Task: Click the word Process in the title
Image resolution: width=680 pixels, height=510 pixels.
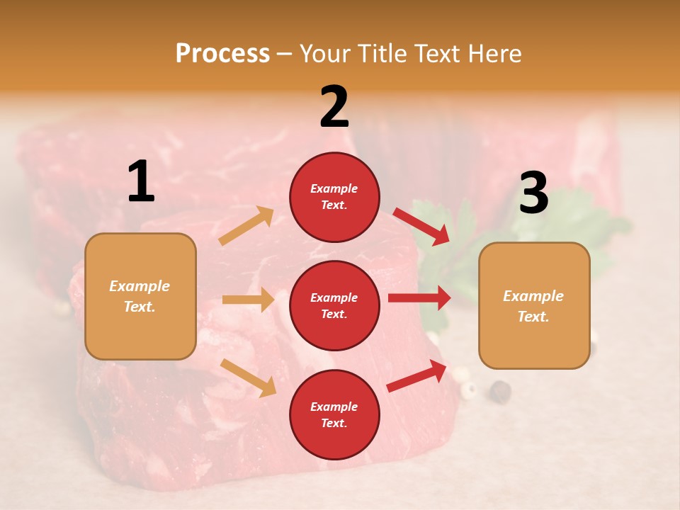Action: tap(222, 53)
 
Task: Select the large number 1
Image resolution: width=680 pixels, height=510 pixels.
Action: tap(141, 182)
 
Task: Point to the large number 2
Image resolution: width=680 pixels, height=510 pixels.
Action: tap(334, 107)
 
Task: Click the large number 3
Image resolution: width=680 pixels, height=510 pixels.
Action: tap(533, 193)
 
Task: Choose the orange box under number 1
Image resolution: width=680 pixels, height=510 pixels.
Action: tap(140, 296)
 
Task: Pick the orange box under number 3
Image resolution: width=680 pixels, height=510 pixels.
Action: tap(534, 305)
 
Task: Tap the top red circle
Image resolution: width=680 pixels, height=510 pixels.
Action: tap(334, 196)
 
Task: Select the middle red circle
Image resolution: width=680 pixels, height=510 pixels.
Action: tap(334, 305)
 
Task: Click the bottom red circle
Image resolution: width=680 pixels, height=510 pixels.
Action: tap(334, 414)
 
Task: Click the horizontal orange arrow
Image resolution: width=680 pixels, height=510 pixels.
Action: tap(248, 300)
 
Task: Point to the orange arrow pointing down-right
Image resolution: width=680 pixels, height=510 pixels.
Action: tap(249, 378)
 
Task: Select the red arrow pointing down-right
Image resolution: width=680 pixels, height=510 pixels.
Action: tap(421, 226)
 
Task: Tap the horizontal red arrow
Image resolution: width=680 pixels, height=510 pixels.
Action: tap(419, 297)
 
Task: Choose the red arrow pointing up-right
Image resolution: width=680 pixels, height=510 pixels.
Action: tap(417, 375)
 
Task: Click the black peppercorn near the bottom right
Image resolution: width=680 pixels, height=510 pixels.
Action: tap(501, 390)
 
